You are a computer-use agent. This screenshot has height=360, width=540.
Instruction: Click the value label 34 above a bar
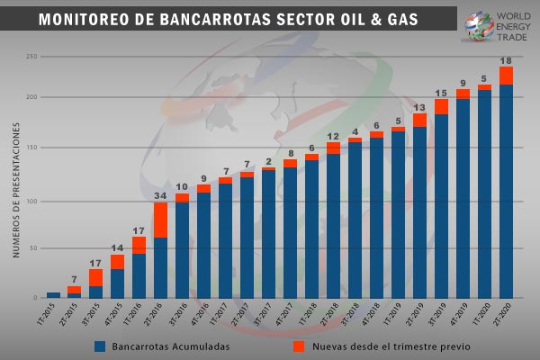[x=160, y=195]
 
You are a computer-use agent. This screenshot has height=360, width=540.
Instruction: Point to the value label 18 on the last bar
[x=506, y=60]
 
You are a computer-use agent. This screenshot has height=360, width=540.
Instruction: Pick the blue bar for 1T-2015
[x=53, y=295]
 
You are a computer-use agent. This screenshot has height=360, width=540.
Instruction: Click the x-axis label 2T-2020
[x=503, y=318]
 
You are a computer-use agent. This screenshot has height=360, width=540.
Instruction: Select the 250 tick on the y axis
[x=31, y=56]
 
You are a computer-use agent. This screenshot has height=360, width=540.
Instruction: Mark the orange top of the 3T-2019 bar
[x=441, y=107]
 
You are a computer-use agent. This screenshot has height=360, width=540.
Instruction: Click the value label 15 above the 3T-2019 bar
[x=441, y=94]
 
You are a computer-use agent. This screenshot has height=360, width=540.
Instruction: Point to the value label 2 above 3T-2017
[x=268, y=161]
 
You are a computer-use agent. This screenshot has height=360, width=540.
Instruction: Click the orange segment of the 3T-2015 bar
[x=95, y=277]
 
